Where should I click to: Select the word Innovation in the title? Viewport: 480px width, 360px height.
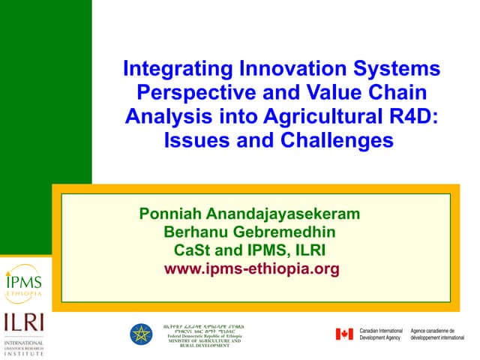tap(276, 70)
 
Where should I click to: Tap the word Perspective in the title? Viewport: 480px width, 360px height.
tap(187, 94)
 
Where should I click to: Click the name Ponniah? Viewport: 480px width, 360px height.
tap(172, 214)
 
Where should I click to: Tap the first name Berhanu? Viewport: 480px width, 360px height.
tap(198, 232)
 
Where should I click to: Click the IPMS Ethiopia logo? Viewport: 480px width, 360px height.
tap(24, 280)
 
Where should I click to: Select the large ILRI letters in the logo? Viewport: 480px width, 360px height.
tap(24, 322)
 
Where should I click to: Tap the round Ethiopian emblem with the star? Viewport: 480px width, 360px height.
tap(140, 334)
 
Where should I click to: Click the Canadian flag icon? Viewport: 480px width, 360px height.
tap(344, 334)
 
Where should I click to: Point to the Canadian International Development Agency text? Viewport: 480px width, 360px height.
tap(381, 334)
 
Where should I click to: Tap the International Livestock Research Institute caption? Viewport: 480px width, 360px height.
tap(24, 347)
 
